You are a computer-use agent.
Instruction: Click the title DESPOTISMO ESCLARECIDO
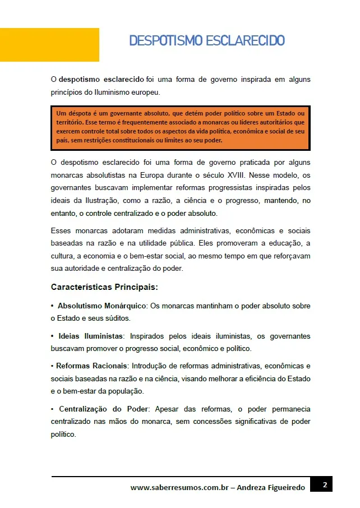207,40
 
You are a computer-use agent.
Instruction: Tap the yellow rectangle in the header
49,44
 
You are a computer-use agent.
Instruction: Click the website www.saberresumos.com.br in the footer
179,488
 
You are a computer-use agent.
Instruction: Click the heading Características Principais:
104,287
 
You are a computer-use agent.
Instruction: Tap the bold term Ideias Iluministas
90,336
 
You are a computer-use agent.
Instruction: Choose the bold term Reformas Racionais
92,366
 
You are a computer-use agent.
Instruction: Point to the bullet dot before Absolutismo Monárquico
52,306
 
